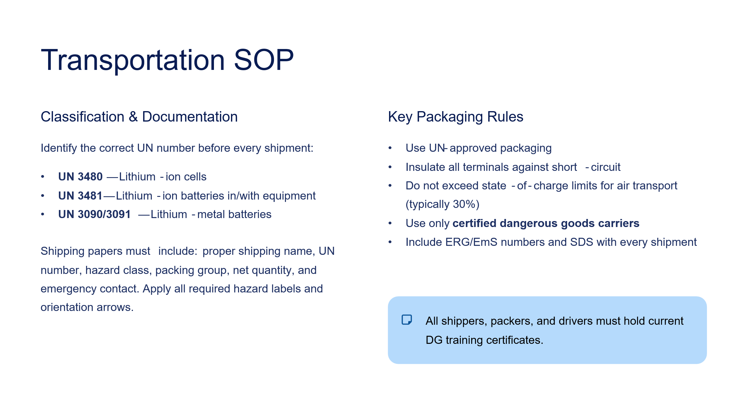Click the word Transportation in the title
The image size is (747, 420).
tap(133, 61)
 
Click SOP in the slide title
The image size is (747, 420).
tap(264, 60)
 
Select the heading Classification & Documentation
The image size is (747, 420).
tap(139, 117)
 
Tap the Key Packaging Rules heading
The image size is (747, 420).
tap(456, 117)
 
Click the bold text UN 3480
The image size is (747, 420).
tap(80, 177)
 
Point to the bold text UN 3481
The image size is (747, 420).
tap(80, 196)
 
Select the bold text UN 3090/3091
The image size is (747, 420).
tap(94, 214)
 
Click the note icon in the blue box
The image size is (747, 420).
tap(407, 320)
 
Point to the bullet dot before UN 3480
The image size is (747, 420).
tap(43, 177)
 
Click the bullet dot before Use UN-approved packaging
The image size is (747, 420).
tap(390, 148)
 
